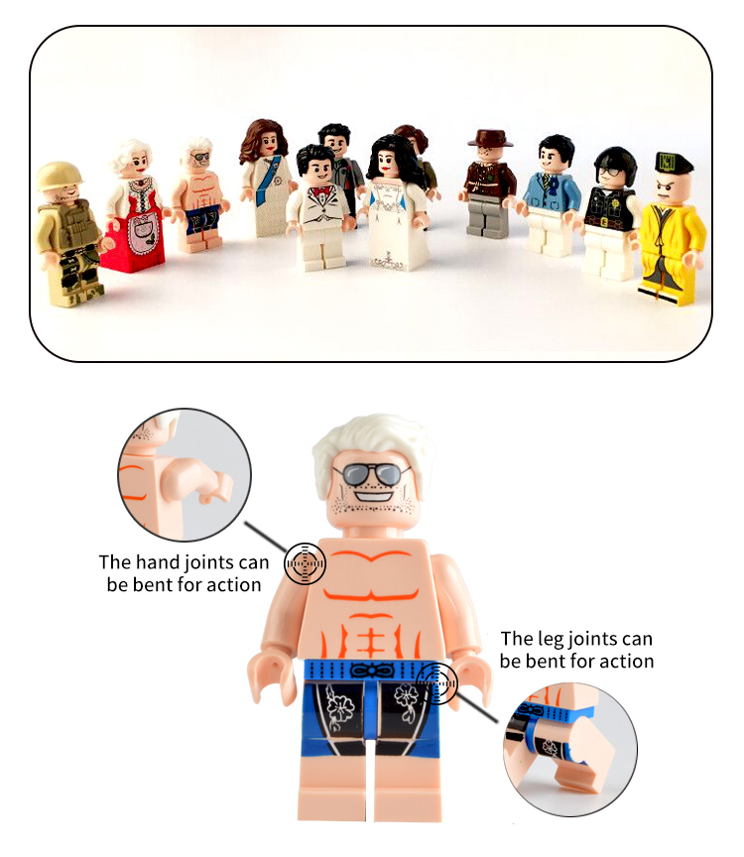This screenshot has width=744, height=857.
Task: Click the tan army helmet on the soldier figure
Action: (60, 176)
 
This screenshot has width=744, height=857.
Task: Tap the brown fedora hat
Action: (490, 138)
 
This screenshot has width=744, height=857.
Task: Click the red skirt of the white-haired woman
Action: (134, 241)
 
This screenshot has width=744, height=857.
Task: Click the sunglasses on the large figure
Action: (373, 473)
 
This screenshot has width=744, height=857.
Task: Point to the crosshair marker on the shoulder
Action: (305, 563)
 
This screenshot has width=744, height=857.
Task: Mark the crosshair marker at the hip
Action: (436, 683)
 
